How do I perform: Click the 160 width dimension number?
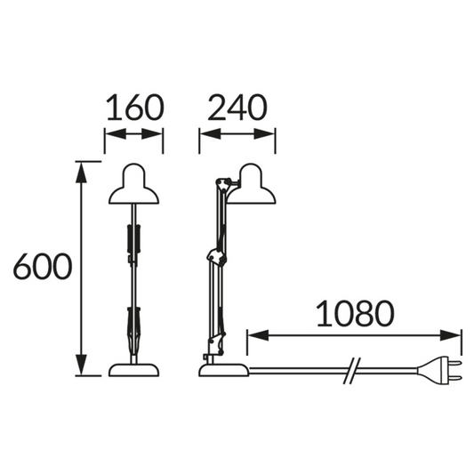[135, 108]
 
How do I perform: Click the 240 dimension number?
[237, 108]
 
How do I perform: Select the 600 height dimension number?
[43, 266]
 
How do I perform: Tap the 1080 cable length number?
[355, 314]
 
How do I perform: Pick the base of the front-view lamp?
[134, 370]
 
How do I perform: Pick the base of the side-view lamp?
[224, 370]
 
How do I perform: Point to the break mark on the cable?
[352, 371]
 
